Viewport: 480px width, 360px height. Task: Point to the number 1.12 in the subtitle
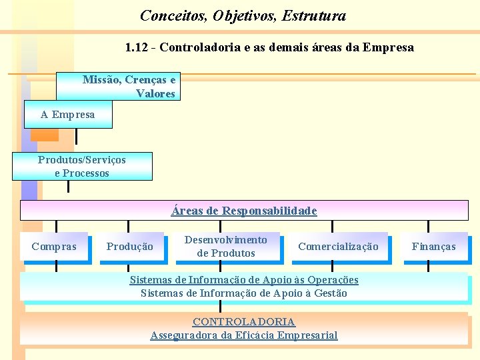tap(137, 47)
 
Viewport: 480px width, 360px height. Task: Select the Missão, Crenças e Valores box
tap(129, 87)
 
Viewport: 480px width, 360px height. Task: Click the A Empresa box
tap(68, 115)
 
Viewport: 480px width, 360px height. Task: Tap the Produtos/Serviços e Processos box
tap(82, 167)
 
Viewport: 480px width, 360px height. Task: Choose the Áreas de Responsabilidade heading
tap(244, 211)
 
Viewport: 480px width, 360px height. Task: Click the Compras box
tap(54, 247)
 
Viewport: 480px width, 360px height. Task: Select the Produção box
tap(130, 247)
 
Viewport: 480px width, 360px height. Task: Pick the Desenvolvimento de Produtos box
tap(226, 247)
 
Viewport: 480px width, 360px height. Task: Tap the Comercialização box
tap(338, 247)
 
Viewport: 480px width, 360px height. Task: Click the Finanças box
tap(434, 247)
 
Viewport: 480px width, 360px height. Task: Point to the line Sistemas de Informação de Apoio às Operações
tap(244, 280)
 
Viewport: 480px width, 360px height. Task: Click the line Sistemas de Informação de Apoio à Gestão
tap(244, 293)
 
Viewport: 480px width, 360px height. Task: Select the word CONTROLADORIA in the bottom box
tap(244, 322)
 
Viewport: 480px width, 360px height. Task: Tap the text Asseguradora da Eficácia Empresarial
tap(244, 335)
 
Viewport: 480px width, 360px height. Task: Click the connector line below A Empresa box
tap(77, 136)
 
